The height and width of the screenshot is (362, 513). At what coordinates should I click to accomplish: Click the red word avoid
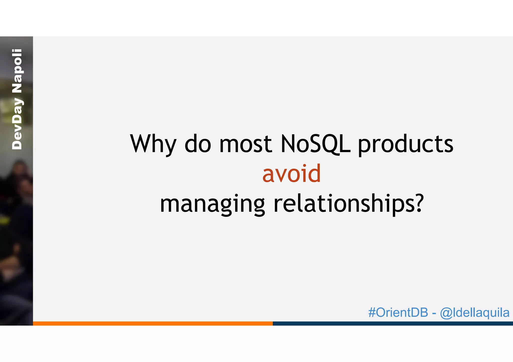[x=291, y=174]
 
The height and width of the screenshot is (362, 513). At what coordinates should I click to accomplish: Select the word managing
[x=212, y=204]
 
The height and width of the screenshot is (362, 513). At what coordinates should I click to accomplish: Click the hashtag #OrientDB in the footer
[x=398, y=312]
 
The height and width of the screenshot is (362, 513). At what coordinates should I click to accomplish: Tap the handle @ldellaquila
[x=475, y=313]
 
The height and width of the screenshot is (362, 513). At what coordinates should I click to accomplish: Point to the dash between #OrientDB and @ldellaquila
[x=434, y=313]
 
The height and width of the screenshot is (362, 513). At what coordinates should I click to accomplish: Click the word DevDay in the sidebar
[x=17, y=124]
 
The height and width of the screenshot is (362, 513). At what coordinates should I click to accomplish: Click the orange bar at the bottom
[x=153, y=323]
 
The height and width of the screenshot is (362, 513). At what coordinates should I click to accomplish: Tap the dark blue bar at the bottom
[x=393, y=323]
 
